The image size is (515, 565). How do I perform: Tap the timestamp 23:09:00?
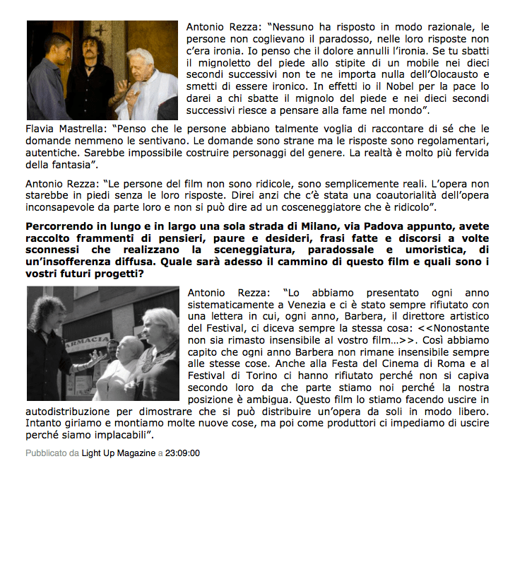(182, 453)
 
